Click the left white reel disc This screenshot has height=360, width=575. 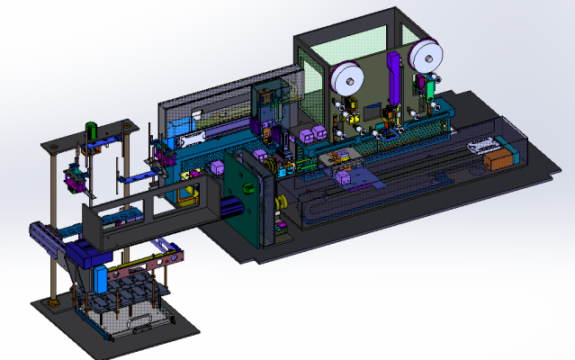click(346, 78)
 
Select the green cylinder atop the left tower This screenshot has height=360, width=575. click(90, 131)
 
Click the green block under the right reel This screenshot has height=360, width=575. click(431, 90)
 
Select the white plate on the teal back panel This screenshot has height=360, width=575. click(193, 139)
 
